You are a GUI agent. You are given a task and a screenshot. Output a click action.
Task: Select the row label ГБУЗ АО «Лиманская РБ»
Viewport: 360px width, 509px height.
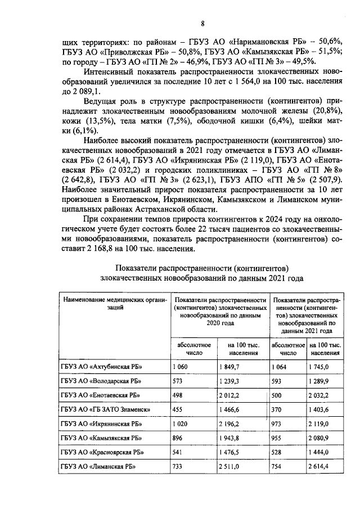98,466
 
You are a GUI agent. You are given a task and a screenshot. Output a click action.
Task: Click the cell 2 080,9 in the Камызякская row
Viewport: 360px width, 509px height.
321,438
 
